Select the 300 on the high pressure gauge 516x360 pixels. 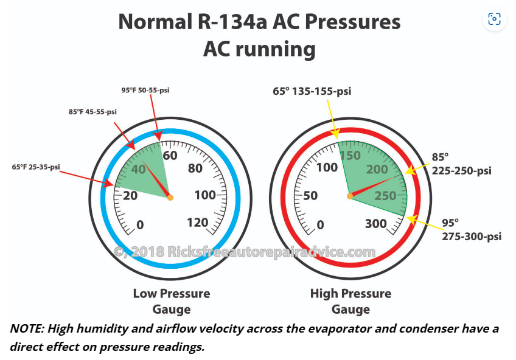[375, 224]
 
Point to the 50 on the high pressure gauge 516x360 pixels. [310, 195]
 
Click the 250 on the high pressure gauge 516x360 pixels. [385, 196]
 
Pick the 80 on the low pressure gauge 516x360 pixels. [195, 168]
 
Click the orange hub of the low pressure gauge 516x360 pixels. [170, 197]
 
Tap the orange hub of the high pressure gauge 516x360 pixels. [350, 196]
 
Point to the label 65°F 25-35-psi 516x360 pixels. [36, 167]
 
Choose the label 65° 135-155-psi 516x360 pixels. [312, 91]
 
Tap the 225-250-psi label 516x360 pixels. [462, 171]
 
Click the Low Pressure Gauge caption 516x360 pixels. [172, 302]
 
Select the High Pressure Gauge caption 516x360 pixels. [350, 302]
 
